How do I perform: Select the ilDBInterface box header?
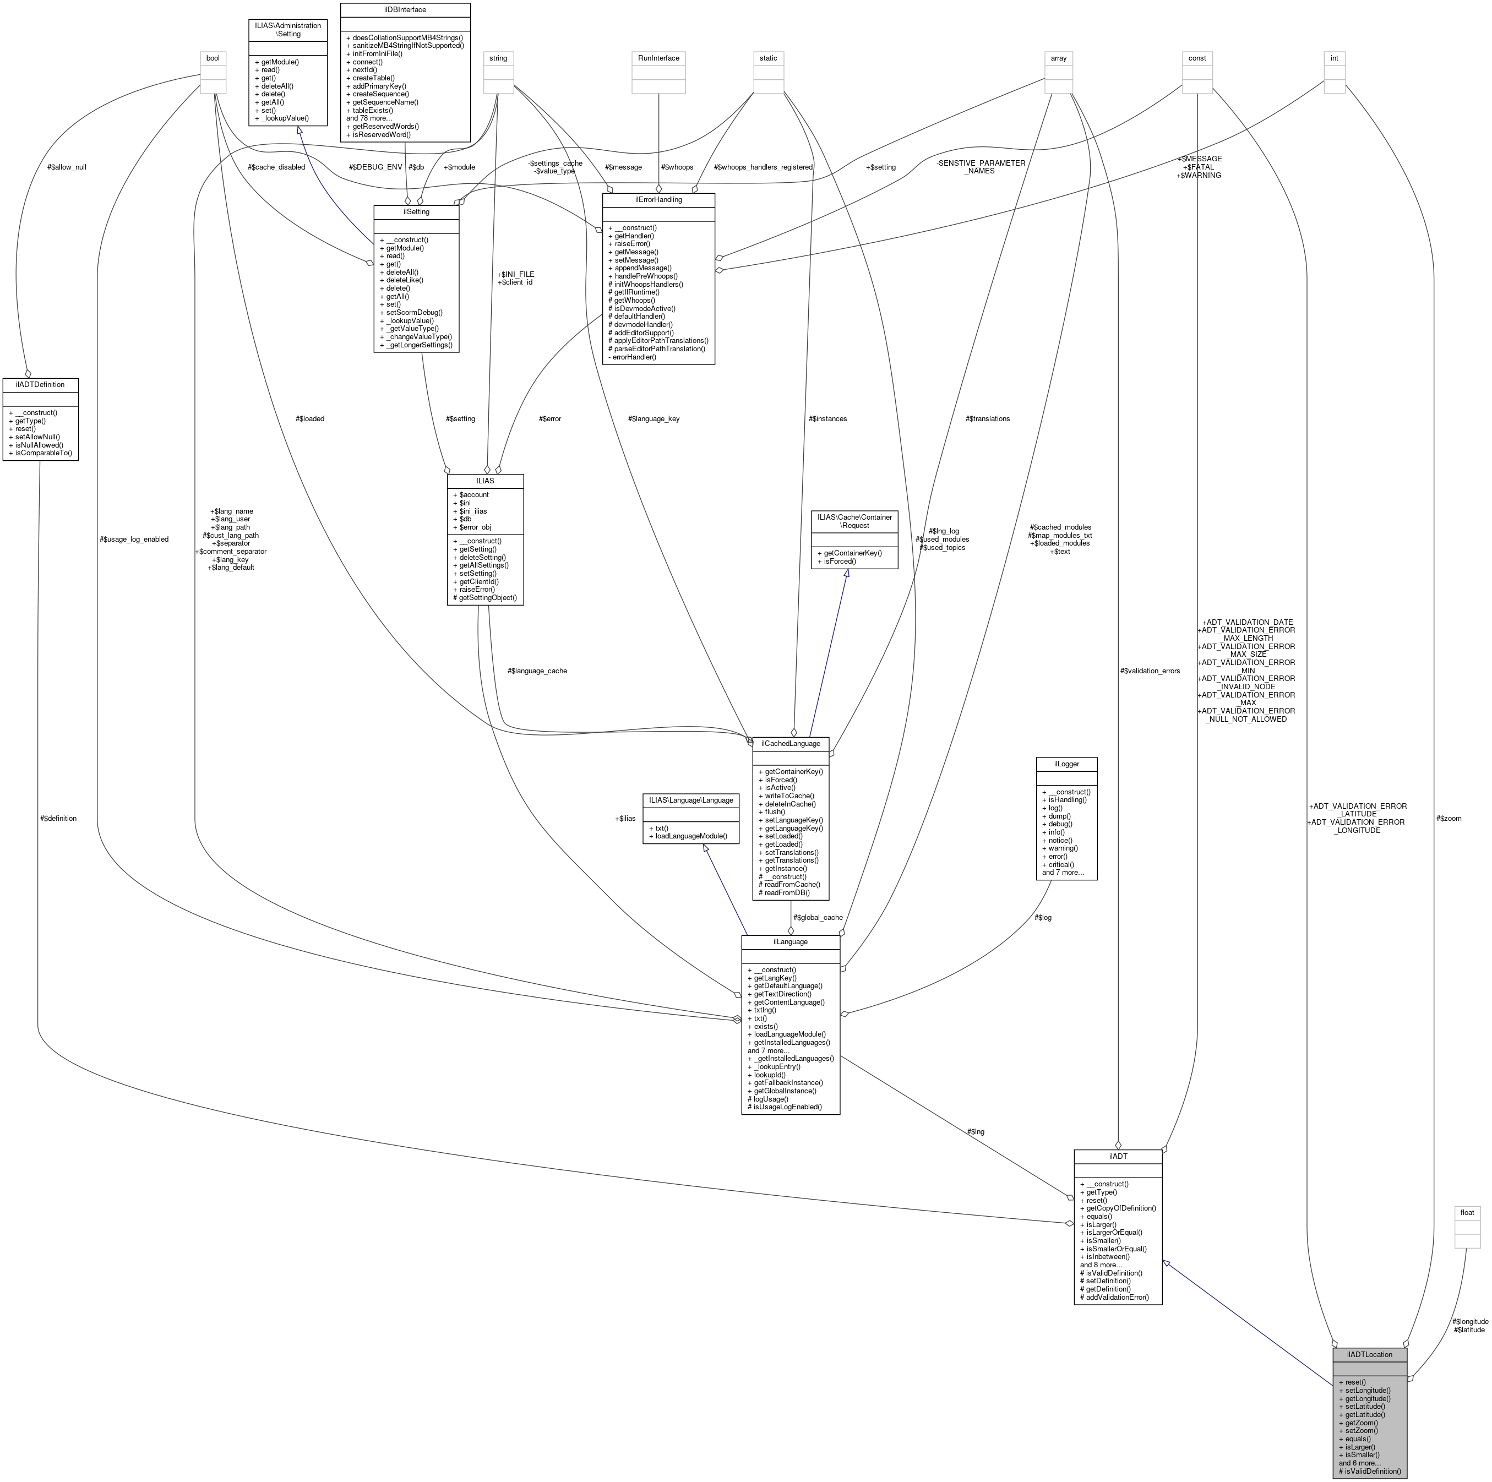point(405,10)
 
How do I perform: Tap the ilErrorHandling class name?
point(658,199)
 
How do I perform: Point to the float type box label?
point(1467,1212)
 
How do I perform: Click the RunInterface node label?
point(658,58)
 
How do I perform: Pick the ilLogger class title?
point(1066,764)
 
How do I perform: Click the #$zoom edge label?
point(1449,819)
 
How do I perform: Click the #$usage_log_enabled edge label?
point(134,539)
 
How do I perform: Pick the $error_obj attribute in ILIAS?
point(475,527)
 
